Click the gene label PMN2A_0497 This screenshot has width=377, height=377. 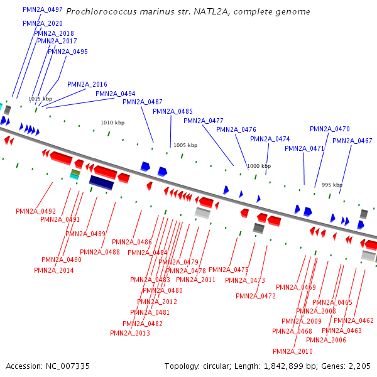click(x=42, y=10)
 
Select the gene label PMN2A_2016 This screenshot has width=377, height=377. click(x=87, y=84)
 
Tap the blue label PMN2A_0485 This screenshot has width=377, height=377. click(x=173, y=112)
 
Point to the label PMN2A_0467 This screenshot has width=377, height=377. click(x=352, y=141)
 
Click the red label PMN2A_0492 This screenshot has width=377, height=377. click(x=36, y=211)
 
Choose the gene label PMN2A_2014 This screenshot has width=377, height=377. click(x=54, y=270)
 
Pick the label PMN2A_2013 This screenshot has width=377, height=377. click(x=130, y=333)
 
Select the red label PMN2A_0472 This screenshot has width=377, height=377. click(x=256, y=296)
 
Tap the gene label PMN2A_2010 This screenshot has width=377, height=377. click(x=293, y=351)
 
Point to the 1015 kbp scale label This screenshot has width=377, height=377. click(x=40, y=99)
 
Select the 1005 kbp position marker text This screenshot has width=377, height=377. click(x=185, y=145)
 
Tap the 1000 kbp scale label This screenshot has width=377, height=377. click(x=259, y=166)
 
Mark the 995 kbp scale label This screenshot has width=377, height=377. click(x=332, y=185)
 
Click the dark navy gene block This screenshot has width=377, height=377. click(x=101, y=182)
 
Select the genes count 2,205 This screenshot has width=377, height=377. click(x=358, y=366)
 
